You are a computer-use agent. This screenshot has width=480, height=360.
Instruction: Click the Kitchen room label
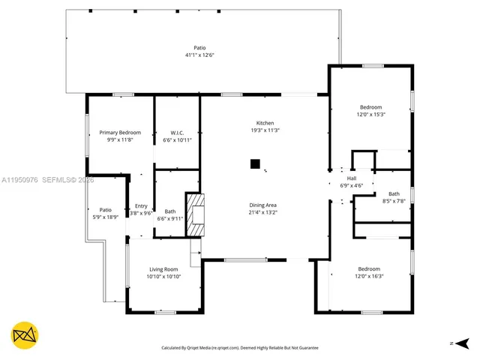tap(265, 123)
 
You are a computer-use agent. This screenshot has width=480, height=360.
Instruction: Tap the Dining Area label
tap(263, 205)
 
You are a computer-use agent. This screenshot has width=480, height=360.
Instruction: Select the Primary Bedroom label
tap(120, 132)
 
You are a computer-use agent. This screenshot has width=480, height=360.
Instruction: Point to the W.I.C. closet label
tap(178, 133)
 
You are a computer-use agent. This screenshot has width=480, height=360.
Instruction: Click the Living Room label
tap(163, 269)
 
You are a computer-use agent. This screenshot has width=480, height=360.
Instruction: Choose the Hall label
tap(352, 178)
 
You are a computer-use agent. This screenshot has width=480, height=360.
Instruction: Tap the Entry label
tap(141, 206)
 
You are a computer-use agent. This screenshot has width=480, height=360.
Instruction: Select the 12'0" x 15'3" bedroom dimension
tap(370, 115)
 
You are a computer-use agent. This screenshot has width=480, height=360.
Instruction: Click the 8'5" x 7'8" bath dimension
tap(394, 201)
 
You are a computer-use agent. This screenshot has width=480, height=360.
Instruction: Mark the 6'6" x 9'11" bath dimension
tap(169, 218)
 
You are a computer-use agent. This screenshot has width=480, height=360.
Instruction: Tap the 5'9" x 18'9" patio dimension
tap(106, 217)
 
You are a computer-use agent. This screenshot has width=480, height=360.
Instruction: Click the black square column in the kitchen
tap(255, 163)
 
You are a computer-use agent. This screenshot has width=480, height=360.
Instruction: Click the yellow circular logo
tap(25, 336)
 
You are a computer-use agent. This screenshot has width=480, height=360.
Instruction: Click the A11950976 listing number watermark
tap(20, 181)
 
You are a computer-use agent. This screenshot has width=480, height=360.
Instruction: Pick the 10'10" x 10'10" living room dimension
tap(163, 277)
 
